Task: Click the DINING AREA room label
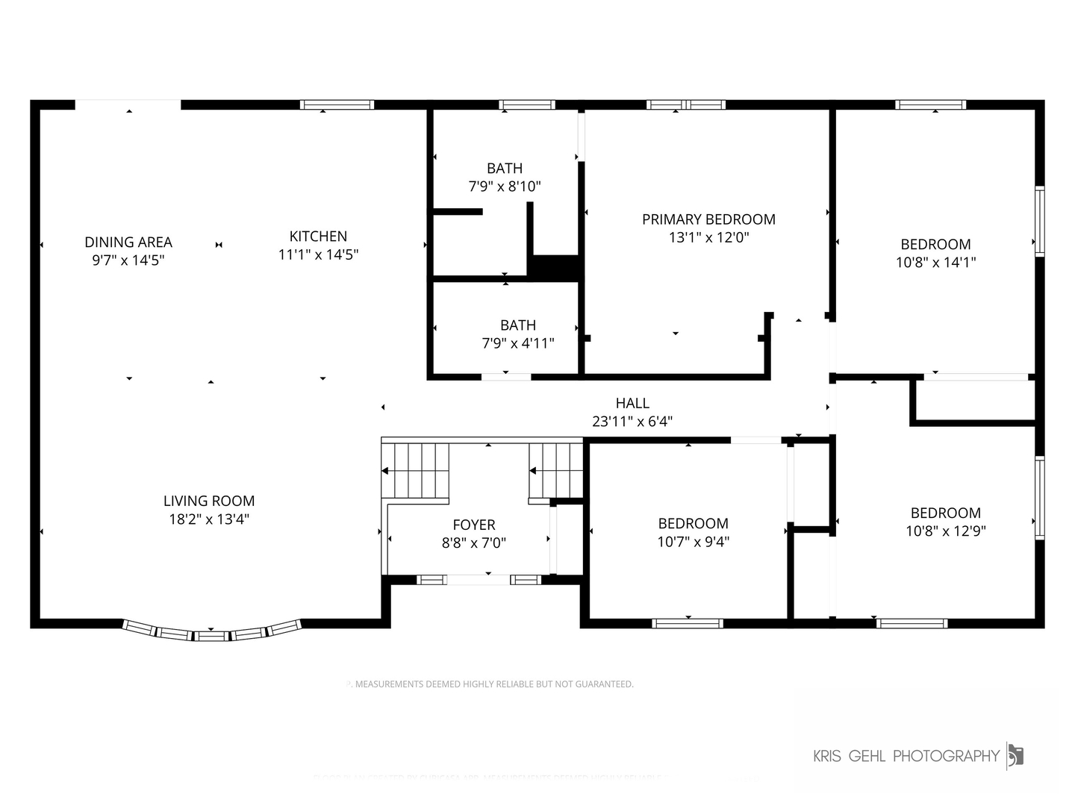[x=128, y=242]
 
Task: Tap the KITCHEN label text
[x=318, y=236]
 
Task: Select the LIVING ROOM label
[x=209, y=501]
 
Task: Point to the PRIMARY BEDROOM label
[x=708, y=219]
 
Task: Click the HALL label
[x=632, y=403]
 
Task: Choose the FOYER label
[x=473, y=525]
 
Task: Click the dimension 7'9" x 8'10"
[x=505, y=187]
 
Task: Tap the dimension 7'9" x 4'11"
[x=518, y=343]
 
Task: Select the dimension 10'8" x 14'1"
[x=935, y=262]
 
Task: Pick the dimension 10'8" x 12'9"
[x=945, y=531]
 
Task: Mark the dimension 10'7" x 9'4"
[x=693, y=542]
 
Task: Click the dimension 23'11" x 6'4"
[x=632, y=422]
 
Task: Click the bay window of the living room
[x=212, y=634]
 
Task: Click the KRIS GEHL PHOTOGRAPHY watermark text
[x=906, y=756]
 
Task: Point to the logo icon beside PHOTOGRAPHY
[x=1015, y=755]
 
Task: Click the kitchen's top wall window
[x=337, y=104]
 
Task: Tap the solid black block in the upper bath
[x=554, y=267]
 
